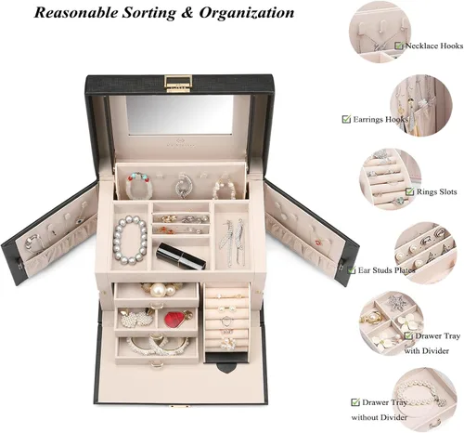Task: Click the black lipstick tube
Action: pyautogui.click(x=181, y=256)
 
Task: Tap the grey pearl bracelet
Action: pyautogui.click(x=130, y=240)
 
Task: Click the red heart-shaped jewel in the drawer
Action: pyautogui.click(x=174, y=320)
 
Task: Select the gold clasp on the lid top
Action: pyautogui.click(x=178, y=84)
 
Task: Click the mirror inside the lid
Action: pyautogui.click(x=179, y=114)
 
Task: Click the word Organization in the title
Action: pyautogui.click(x=247, y=13)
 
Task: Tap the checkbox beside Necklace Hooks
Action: pyautogui.click(x=399, y=46)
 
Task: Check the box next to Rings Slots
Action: pyautogui.click(x=409, y=191)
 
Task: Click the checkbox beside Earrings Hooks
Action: pyautogui.click(x=346, y=119)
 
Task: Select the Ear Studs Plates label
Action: pyautogui.click(x=387, y=270)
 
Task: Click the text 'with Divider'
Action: pyautogui.click(x=426, y=351)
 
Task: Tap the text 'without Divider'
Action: pyautogui.click(x=379, y=417)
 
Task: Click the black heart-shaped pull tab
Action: pyautogui.click(x=226, y=367)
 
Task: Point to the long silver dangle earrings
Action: pyautogui.click(x=233, y=243)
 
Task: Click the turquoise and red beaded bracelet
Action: pyautogui.click(x=139, y=186)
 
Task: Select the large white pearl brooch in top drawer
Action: pyautogui.click(x=158, y=290)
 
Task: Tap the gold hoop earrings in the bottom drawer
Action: pyautogui.click(x=160, y=345)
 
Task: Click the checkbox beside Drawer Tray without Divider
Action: pyautogui.click(x=355, y=402)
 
